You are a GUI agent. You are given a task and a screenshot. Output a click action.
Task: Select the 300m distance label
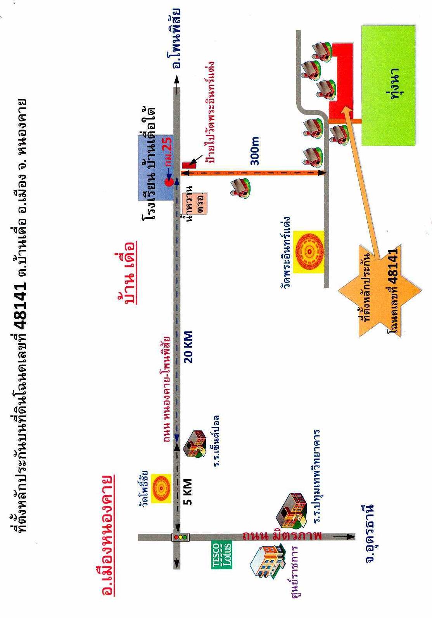pos(255,151)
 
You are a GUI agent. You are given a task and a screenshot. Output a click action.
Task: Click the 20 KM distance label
pos(187,347)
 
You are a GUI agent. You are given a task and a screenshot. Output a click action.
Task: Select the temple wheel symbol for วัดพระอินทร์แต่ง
pos(309,252)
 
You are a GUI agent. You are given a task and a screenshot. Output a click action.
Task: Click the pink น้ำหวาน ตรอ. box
pos(195,203)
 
